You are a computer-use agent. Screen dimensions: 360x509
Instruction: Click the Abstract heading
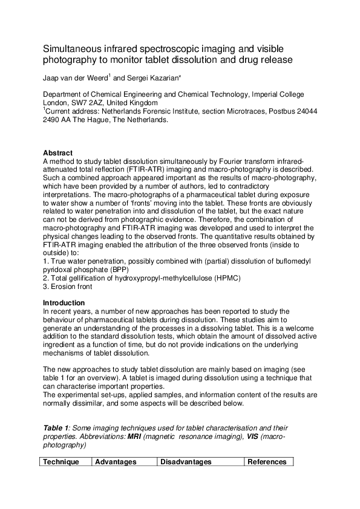pos(58,153)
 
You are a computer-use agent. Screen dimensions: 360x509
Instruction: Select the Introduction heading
pos(64,303)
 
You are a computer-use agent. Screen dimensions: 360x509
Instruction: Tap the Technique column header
pos(61,462)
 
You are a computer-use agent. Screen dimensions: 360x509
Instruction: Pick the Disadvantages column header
pos(186,462)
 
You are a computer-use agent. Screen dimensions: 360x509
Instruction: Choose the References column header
pos(267,462)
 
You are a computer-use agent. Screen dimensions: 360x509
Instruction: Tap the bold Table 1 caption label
pos(56,428)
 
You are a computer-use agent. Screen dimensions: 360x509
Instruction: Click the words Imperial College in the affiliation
pos(275,95)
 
